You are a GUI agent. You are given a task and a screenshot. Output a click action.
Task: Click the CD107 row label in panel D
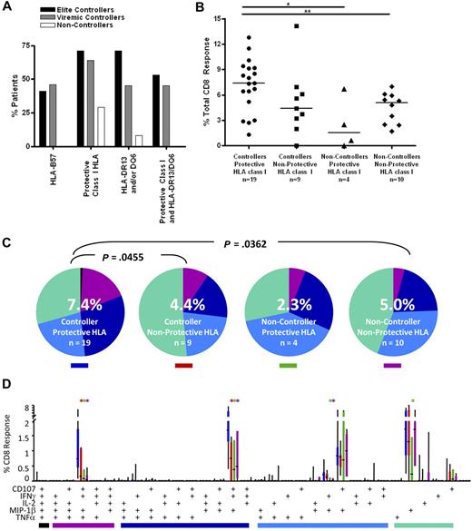pyautogui.click(x=15, y=488)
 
